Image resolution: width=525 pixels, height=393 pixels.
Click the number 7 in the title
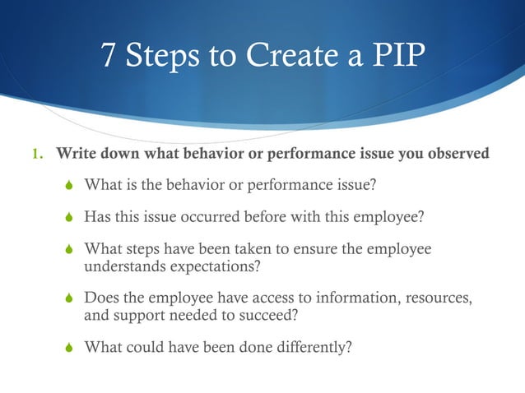click(x=109, y=57)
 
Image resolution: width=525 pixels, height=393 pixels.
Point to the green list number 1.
click(x=35, y=153)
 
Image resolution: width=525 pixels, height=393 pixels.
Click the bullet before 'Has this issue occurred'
click(x=70, y=217)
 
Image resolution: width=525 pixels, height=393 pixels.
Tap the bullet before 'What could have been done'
click(x=70, y=346)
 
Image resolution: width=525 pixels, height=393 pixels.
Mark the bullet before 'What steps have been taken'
click(x=70, y=250)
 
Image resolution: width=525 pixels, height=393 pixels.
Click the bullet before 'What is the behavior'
click(x=70, y=185)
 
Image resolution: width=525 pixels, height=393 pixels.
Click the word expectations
click(x=221, y=266)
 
